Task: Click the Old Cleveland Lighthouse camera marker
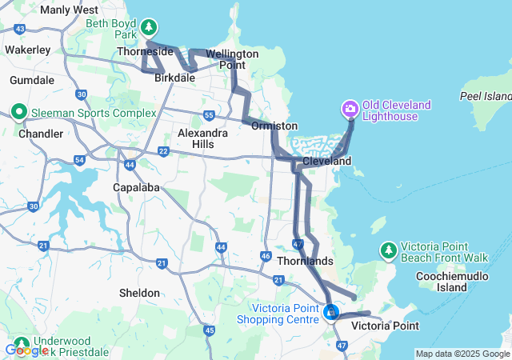(x=350, y=108)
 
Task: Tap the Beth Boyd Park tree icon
(x=148, y=29)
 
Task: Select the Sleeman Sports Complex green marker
(x=18, y=113)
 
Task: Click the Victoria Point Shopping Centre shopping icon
(x=330, y=311)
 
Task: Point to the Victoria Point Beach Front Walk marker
(x=388, y=250)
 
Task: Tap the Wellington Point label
(x=232, y=58)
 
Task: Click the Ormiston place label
(x=274, y=126)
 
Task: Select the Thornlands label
(x=304, y=261)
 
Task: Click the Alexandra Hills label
(x=197, y=138)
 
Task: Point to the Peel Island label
(x=486, y=95)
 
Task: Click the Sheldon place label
(x=139, y=293)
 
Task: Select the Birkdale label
(x=174, y=78)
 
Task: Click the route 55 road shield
(x=209, y=114)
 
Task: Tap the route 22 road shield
(x=163, y=151)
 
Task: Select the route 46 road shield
(x=266, y=255)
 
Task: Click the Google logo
(x=26, y=350)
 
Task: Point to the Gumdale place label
(x=32, y=80)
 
